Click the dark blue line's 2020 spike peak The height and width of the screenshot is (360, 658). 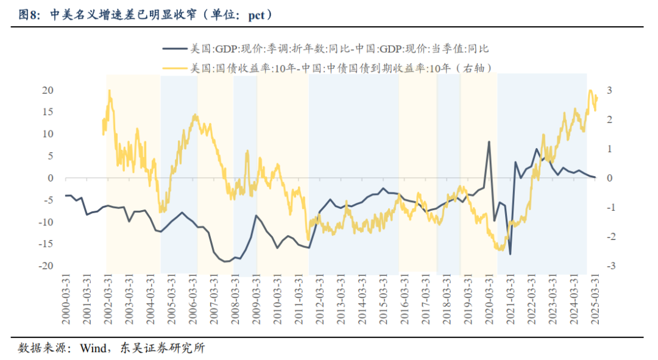click(489, 142)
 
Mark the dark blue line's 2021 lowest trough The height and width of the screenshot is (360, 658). click(510, 254)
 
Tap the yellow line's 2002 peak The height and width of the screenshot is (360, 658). click(110, 91)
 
